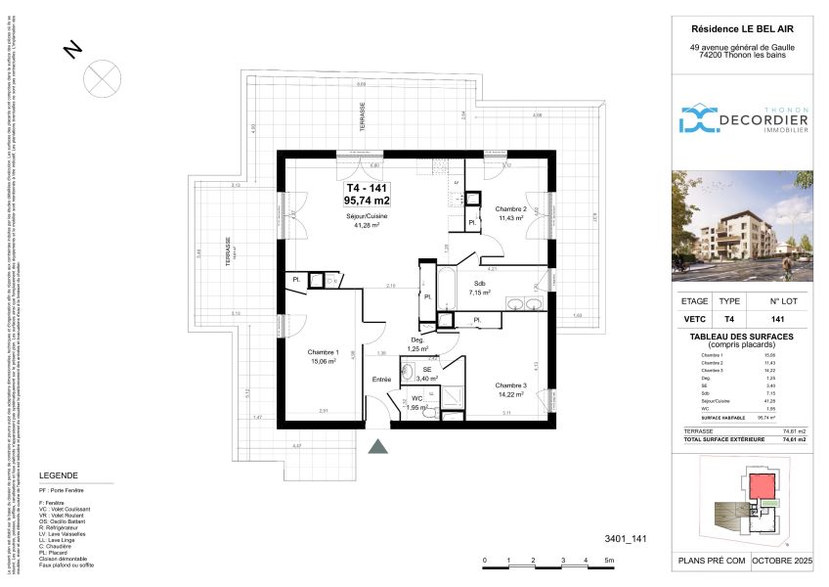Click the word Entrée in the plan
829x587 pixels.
click(x=381, y=379)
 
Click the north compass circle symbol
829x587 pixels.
click(x=101, y=75)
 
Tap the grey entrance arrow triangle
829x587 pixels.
click(x=379, y=447)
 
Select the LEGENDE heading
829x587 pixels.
click(x=58, y=474)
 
